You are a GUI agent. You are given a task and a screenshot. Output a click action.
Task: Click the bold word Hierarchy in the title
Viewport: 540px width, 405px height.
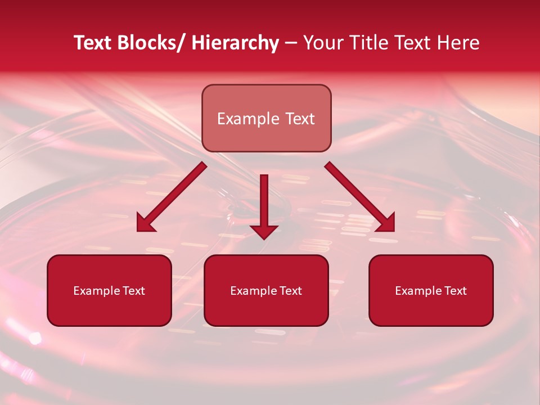235,43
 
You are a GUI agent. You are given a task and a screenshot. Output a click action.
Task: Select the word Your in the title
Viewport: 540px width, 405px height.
323,43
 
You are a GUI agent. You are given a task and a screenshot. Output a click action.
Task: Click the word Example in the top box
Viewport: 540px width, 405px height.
248,119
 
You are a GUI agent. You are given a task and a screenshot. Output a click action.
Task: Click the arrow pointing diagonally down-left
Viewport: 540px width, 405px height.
171,197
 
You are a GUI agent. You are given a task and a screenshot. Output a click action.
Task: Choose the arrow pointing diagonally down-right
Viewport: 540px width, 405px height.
360,197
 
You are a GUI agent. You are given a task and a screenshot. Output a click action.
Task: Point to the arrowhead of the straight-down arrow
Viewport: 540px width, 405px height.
264,231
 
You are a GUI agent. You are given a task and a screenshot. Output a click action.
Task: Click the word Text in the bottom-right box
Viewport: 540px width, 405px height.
456,291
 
